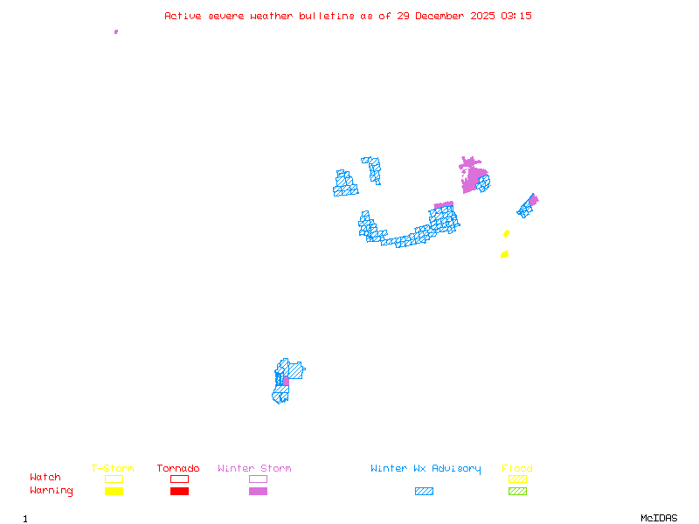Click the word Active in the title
[183, 16]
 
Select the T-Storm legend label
[113, 469]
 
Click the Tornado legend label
[178, 469]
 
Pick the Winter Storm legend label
[254, 469]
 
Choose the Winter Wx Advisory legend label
[426, 469]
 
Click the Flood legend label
[517, 469]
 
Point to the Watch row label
[45, 478]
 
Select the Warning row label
[52, 491]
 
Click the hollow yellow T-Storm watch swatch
[114, 479]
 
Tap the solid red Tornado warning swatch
[179, 491]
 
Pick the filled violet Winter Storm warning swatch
[258, 491]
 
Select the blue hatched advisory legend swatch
[424, 491]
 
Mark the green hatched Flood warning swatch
[517, 491]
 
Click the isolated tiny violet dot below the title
[116, 31]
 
